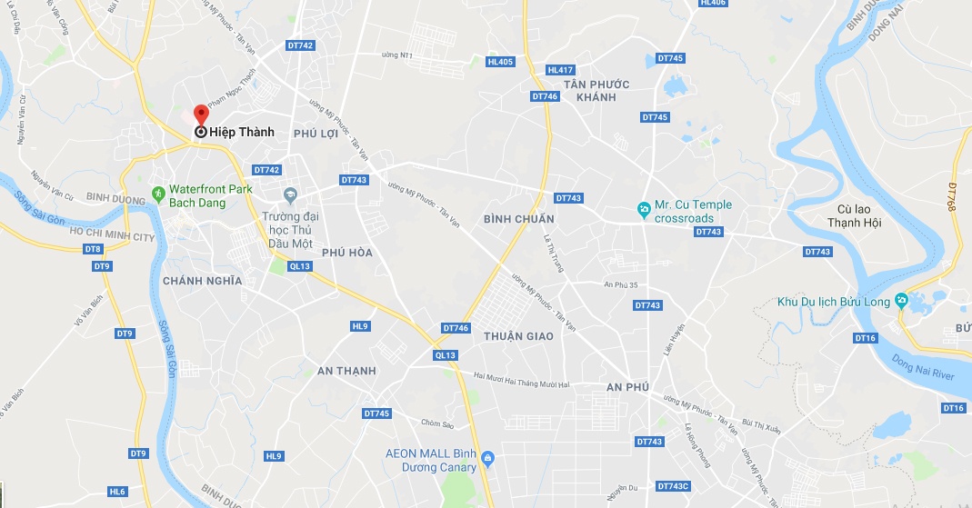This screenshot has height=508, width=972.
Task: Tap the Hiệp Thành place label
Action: click(241, 132)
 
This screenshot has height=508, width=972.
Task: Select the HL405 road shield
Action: click(500, 62)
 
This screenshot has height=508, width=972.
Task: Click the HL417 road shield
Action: click(560, 70)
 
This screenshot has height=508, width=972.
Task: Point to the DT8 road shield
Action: click(93, 249)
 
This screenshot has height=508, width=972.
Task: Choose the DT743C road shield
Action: click(673, 485)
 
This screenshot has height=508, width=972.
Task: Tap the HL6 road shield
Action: click(117, 492)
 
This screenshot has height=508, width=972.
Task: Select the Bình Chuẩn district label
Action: click(519, 219)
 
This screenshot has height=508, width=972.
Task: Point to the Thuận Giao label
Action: click(518, 336)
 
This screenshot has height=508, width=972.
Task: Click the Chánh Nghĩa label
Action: click(202, 281)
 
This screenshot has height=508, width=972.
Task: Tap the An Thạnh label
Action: click(346, 371)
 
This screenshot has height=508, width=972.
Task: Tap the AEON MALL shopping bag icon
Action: click(488, 457)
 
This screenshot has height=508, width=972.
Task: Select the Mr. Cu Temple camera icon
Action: click(644, 211)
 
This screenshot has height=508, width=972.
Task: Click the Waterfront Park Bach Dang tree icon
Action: click(158, 193)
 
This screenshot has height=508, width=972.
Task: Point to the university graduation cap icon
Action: click(291, 195)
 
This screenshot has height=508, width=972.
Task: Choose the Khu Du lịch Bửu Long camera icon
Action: click(901, 301)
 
